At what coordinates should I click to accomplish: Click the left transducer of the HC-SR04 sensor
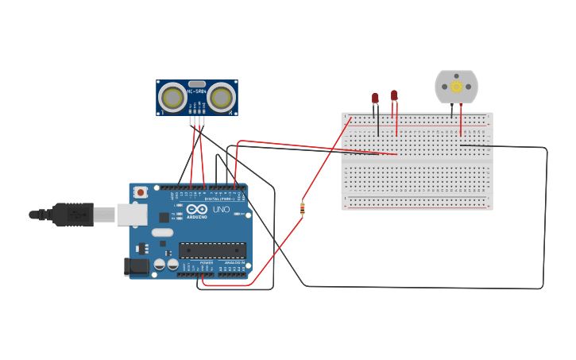172,98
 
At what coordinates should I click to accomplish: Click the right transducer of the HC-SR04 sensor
222,98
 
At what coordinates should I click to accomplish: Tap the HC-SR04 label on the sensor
196,91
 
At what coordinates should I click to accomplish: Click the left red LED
376,98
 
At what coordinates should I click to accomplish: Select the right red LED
394,95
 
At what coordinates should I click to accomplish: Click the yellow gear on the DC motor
456,87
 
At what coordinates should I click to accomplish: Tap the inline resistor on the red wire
302,208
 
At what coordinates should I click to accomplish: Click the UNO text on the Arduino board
221,209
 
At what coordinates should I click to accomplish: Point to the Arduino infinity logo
197,209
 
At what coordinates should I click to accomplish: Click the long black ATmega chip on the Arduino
211,250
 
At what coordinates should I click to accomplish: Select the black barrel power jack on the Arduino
136,267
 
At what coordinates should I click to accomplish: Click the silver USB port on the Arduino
132,214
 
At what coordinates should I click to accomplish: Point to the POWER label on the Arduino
206,262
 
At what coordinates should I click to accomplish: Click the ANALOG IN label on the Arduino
234,262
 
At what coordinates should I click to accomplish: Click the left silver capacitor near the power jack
160,264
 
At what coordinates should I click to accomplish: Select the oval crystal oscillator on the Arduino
162,233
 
